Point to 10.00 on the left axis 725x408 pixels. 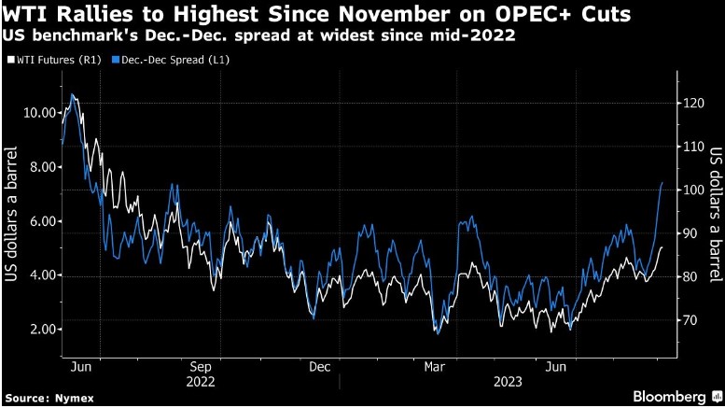[x=36, y=113]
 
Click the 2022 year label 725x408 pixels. [x=201, y=382]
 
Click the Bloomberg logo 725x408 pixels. [x=671, y=395]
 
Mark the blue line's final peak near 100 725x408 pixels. [x=662, y=183]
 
